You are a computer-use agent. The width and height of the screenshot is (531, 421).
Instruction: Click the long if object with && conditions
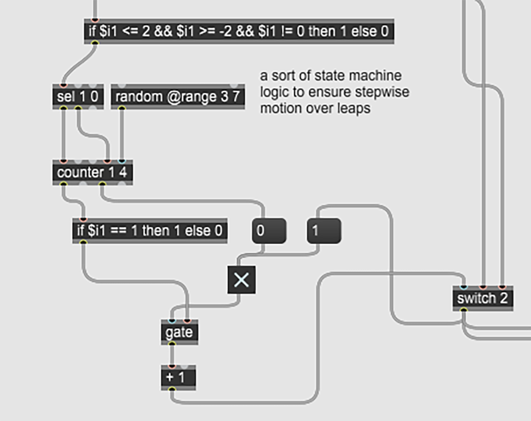click(239, 31)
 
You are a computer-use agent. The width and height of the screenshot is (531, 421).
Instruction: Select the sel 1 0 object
click(77, 96)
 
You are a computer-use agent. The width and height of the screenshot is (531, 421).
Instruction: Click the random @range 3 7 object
click(177, 96)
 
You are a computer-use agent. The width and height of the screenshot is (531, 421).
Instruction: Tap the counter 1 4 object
click(92, 172)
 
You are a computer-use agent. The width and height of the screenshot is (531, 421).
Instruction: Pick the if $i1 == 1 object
click(150, 230)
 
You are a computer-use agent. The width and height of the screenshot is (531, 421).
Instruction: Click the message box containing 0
click(269, 230)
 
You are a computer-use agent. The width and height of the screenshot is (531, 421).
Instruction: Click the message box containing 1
click(323, 230)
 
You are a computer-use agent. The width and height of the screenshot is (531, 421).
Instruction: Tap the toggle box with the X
click(241, 279)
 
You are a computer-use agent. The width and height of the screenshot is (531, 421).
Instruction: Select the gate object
click(179, 332)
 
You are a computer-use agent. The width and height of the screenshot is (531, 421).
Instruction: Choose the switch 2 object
click(483, 299)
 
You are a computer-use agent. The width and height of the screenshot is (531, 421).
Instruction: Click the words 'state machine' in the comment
click(358, 76)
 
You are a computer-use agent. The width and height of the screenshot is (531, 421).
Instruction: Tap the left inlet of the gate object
click(172, 321)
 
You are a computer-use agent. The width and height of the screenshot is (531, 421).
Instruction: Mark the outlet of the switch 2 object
click(463, 310)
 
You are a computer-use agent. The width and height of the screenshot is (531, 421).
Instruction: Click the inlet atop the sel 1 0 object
click(63, 85)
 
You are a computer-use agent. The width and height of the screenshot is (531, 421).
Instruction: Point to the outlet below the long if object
click(94, 43)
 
